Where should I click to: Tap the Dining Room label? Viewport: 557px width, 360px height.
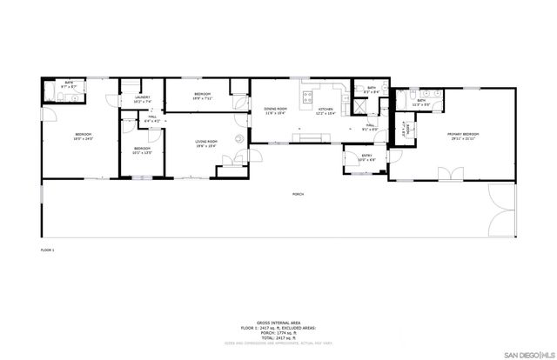pyautogui.click(x=276, y=110)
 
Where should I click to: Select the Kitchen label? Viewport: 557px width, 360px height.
pyautogui.click(x=325, y=110)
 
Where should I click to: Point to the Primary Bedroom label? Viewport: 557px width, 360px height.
pyautogui.click(x=465, y=136)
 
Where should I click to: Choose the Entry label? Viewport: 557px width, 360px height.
pyautogui.click(x=366, y=157)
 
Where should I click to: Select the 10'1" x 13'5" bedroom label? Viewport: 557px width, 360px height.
pyautogui.click(x=143, y=150)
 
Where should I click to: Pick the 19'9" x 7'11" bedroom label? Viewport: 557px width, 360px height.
pyautogui.click(x=201, y=95)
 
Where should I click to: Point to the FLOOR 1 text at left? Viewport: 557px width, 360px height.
pyautogui.click(x=47, y=250)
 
